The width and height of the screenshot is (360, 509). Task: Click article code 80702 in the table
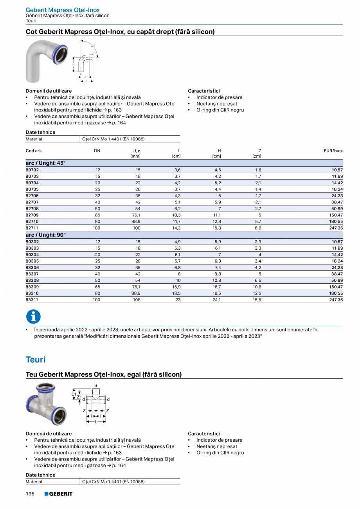[32, 170]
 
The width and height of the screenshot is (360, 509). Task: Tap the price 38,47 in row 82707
[337, 202]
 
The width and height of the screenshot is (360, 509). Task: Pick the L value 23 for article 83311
[178, 300]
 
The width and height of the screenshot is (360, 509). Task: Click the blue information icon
[33, 317]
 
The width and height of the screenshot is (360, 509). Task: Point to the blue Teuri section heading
[36, 360]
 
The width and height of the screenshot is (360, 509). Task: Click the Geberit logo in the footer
[58, 494]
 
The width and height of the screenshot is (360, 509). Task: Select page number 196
[30, 494]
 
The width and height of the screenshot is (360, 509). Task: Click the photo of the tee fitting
[45, 404]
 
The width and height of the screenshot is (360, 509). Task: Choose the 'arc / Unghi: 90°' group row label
[46, 235]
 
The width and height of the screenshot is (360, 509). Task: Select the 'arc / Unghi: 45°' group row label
[46, 163]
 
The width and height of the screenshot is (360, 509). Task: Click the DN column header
[97, 151]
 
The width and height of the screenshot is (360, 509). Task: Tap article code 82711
[32, 228]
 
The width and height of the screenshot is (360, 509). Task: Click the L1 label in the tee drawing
[74, 394]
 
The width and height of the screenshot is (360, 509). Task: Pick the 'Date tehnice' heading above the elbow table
[41, 132]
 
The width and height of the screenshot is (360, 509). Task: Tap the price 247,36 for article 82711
[336, 228]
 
